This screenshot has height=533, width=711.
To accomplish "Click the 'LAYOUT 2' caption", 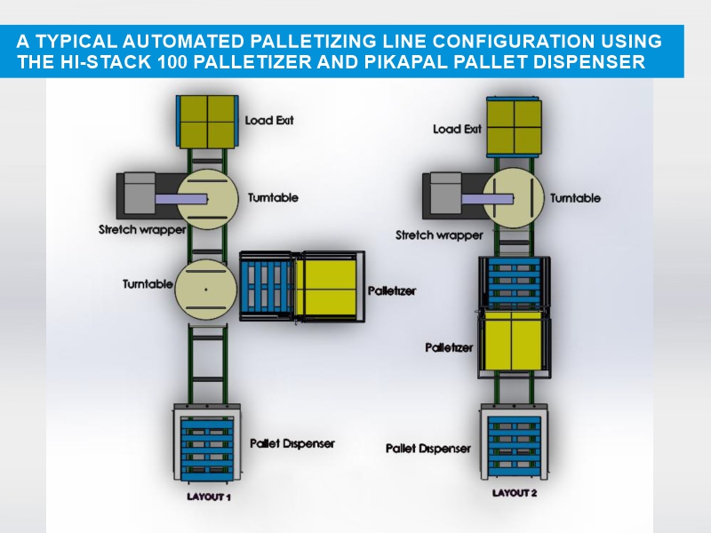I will [x=515, y=490].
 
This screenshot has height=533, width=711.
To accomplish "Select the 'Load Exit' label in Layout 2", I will [x=457, y=129].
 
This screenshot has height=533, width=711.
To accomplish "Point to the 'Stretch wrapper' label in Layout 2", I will [x=439, y=235].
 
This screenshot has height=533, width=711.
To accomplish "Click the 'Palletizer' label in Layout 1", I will [x=392, y=290].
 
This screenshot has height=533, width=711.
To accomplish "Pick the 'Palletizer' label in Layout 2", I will [x=450, y=346].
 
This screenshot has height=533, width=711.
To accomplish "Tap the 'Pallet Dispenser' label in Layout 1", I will [x=292, y=442].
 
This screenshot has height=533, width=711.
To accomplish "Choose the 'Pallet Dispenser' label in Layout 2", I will [x=428, y=449].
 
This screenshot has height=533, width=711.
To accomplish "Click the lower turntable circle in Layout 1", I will [x=205, y=289].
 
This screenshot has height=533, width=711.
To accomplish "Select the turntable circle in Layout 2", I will [x=514, y=198].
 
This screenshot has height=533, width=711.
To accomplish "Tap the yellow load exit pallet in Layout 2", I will [x=515, y=128].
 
